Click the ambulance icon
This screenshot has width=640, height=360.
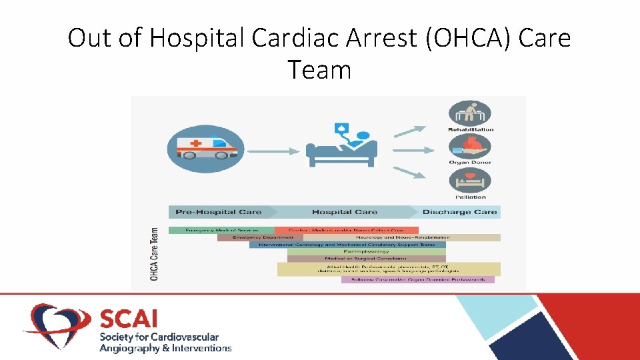[x=205, y=149]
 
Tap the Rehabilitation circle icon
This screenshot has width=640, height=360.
[x=470, y=113]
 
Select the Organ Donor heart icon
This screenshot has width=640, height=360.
[x=470, y=147]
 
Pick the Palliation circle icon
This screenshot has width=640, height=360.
[x=470, y=181]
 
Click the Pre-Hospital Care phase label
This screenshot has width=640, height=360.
[x=218, y=212]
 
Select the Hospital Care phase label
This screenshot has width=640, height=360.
[x=345, y=212]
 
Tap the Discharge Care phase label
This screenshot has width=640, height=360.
[x=460, y=212]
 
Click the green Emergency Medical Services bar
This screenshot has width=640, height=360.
[x=221, y=230]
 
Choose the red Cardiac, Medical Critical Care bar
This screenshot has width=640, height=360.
[x=347, y=230]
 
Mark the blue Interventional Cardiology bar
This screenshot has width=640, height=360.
[x=347, y=245]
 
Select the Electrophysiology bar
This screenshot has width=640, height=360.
[x=366, y=251]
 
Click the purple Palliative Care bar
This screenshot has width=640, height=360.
[x=418, y=279]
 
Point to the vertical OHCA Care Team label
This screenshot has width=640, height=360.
[x=155, y=254]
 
